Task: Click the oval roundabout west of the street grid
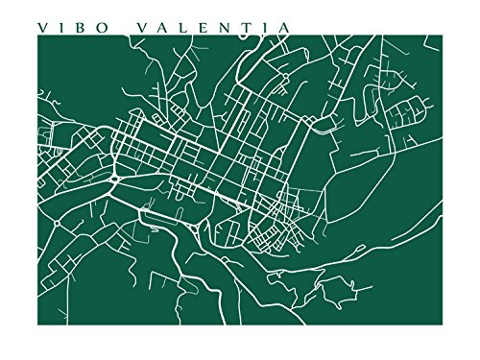pos(114,180)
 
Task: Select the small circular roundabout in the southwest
pos(58,223)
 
